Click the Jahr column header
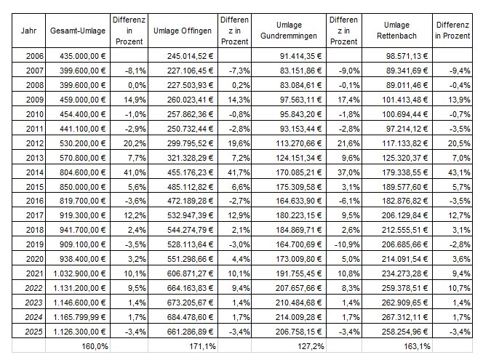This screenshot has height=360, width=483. point(28,31)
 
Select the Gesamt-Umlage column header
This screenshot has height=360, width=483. point(78,31)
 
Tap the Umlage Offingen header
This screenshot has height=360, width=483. point(183,31)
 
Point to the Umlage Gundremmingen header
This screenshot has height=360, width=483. point(289,31)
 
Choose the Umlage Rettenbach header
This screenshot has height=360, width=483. point(396,31)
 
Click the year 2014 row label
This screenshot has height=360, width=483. point(35,172)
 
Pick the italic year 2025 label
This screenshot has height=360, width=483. point(33,332)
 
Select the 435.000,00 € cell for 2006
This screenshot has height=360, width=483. point(82,56)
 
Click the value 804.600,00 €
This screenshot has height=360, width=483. point(82,172)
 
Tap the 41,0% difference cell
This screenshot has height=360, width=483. point(135,172)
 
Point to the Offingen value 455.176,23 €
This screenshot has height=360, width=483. point(190,172)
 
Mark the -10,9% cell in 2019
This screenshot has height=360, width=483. point(347,244)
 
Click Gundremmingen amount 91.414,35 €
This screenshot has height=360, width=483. point(300,56)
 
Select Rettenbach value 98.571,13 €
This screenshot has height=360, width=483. point(407,56)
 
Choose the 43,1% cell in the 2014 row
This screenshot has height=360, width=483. point(459,172)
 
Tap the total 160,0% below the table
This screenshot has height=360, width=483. point(95,346)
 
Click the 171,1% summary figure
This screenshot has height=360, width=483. point(202,346)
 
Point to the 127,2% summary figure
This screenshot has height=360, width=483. point(311,346)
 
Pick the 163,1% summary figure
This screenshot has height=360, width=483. point(417,346)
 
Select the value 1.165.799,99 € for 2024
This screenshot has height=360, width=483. point(79,317)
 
